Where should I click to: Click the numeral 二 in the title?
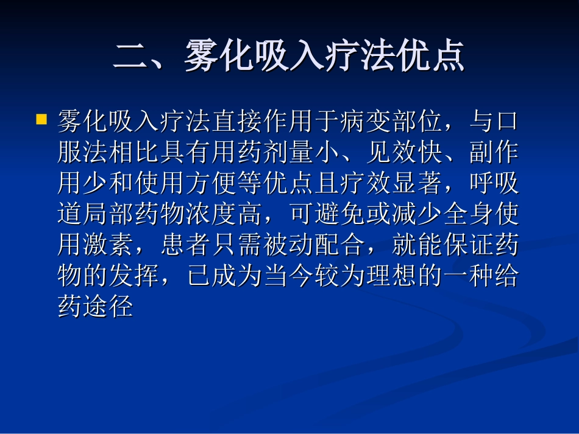132,58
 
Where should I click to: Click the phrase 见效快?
403,152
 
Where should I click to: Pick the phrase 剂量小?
300,152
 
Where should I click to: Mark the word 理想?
390,276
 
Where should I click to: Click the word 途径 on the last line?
108,307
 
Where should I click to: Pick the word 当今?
288,276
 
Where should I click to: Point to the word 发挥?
134,276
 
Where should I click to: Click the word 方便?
211,183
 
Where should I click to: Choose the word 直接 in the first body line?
236,121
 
